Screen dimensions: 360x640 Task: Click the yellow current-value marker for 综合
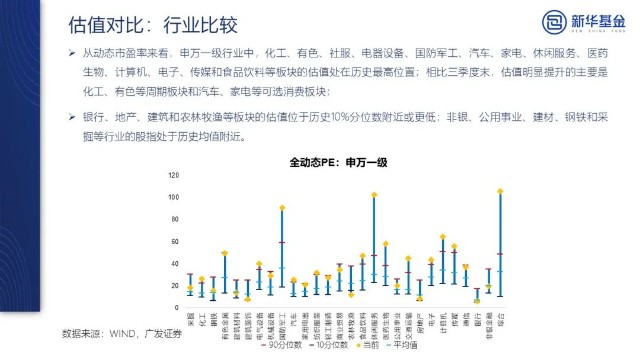499,190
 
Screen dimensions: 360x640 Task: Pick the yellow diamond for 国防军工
282,208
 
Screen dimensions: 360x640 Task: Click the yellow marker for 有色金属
225,254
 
